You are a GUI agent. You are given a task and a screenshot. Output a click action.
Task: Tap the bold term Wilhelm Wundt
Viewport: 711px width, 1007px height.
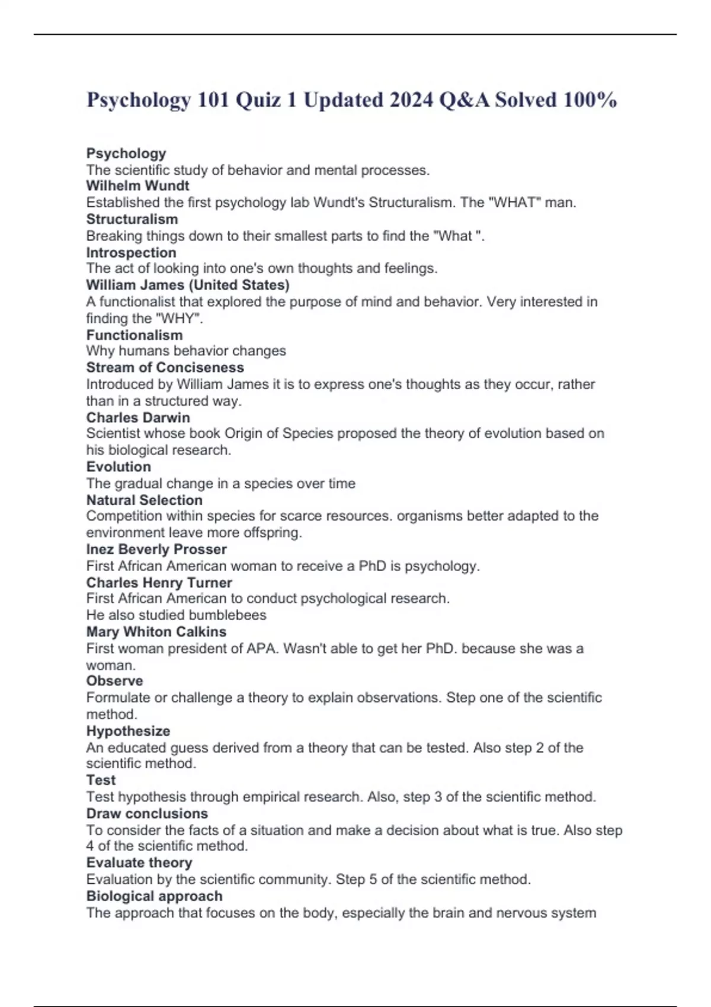(x=137, y=186)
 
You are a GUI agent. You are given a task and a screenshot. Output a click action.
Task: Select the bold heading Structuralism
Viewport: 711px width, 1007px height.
(x=132, y=219)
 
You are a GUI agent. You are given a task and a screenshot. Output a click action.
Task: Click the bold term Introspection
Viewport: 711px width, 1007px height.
(x=131, y=252)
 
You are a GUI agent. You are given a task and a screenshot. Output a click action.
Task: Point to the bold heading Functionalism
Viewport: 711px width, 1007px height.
(x=134, y=335)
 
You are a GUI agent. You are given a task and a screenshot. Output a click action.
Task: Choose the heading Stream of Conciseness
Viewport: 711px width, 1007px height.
(x=165, y=367)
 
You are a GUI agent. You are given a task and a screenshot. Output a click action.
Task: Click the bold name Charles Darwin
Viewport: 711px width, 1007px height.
(x=138, y=418)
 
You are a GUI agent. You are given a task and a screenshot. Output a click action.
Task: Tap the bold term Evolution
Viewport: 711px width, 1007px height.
(x=118, y=467)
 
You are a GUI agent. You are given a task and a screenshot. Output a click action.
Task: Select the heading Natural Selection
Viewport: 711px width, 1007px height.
(x=144, y=500)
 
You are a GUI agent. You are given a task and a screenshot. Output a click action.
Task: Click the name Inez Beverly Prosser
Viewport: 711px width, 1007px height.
(x=156, y=549)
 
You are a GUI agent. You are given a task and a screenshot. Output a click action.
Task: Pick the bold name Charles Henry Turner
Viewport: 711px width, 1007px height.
(x=159, y=582)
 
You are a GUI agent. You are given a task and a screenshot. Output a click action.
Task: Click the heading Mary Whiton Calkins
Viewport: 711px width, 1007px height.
(x=156, y=631)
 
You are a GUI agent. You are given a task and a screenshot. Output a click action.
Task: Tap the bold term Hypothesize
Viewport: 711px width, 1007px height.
(x=128, y=731)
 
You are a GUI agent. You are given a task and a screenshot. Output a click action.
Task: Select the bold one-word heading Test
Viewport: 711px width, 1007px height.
(x=101, y=780)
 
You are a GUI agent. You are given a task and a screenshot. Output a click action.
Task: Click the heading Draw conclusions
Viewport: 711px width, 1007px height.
(x=147, y=813)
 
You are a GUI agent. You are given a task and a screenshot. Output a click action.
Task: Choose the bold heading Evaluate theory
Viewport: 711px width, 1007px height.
(x=139, y=862)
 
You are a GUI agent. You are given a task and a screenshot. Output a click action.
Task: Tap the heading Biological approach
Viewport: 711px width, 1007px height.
(x=154, y=896)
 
